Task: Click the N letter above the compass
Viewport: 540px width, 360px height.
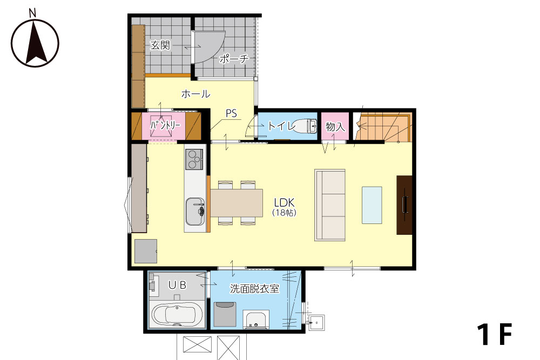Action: point(32,13)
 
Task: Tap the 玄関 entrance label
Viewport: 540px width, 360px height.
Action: point(160,45)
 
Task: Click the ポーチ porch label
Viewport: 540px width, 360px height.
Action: point(234,59)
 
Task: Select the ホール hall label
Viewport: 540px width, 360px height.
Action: point(195,93)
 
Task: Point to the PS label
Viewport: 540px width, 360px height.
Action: point(232,113)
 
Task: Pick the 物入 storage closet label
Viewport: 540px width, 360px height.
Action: point(335,127)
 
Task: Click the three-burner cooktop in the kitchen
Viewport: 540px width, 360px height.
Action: point(194,159)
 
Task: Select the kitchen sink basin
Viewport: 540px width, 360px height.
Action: point(195,211)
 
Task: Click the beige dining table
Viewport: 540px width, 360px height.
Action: point(237,203)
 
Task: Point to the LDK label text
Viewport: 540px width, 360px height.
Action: point(285,202)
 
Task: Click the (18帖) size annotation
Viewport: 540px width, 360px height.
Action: point(285,213)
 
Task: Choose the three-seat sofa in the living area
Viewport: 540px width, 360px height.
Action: point(330,205)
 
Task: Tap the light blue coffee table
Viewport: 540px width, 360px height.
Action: point(372,205)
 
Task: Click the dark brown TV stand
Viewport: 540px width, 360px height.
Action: point(404,205)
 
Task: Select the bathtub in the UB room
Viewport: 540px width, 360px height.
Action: point(177,314)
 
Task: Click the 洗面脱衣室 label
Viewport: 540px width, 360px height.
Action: point(254,288)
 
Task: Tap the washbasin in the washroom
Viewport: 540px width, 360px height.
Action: point(256,320)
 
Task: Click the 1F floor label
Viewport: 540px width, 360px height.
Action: point(495,334)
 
